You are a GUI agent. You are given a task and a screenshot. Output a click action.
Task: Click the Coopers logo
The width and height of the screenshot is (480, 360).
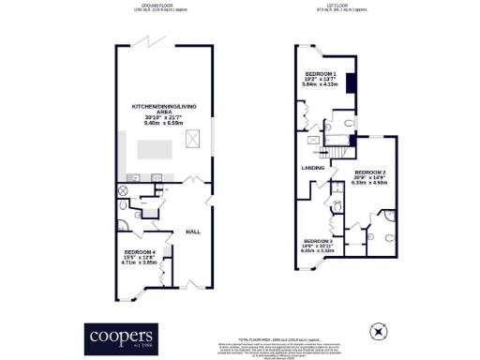[120, 334]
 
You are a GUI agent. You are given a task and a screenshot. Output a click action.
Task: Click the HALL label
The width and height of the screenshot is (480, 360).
[193, 231]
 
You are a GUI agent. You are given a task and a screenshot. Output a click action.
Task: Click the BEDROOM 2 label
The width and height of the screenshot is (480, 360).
[370, 173]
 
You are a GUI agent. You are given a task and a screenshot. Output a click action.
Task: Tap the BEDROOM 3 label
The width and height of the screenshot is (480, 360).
[318, 240]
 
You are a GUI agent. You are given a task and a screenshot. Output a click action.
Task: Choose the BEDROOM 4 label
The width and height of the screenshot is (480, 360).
[140, 251]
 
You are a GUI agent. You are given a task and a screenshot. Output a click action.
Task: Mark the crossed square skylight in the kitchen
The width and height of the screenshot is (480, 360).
[193, 139]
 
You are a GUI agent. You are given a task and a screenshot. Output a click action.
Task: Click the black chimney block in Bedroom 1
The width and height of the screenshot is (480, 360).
[352, 82]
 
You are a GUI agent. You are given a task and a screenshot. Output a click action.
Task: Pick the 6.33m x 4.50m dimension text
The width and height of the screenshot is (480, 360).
[370, 184]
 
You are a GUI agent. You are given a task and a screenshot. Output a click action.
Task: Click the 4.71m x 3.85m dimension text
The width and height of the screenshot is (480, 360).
[140, 262]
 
